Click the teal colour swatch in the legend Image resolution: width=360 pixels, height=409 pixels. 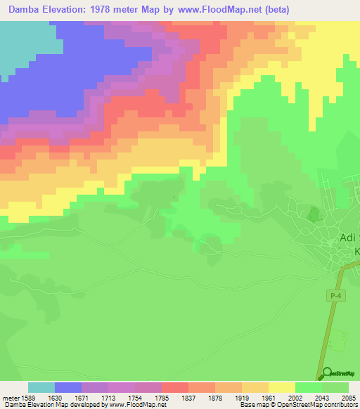(x=41, y=387)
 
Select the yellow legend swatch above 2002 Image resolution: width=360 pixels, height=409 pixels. (x=282, y=387)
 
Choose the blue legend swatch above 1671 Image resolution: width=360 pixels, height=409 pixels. (x=68, y=387)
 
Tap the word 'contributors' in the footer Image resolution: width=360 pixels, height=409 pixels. (x=342, y=405)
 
